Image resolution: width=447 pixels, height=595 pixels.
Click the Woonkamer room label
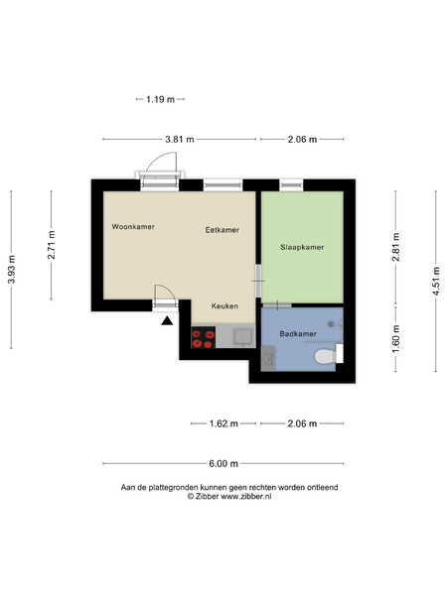click(133, 226)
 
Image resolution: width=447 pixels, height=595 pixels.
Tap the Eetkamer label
click(222, 230)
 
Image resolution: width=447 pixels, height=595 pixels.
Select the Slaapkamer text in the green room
click(302, 247)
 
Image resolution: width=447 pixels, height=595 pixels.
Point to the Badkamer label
click(298, 334)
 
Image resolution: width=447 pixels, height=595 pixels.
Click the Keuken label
click(224, 305)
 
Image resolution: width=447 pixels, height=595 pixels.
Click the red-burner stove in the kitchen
click(204, 337)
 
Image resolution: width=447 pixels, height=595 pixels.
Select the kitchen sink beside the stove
click(242, 337)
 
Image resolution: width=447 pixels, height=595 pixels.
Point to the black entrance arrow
click(167, 321)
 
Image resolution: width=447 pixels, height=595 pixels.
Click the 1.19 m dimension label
click(160, 99)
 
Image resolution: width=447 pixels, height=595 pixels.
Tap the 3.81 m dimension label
click(180, 139)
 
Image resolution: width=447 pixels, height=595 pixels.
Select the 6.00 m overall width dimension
click(223, 463)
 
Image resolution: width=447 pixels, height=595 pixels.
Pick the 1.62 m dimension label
click(223, 423)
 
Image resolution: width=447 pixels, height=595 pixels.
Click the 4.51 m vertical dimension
click(436, 281)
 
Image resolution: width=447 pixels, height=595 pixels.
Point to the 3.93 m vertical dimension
click(11, 270)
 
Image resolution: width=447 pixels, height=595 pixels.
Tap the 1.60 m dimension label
click(395, 339)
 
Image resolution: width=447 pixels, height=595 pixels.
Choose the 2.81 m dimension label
click(395, 247)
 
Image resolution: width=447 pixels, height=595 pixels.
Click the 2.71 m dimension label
click(52, 245)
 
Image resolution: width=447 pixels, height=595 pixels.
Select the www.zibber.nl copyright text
click(229, 497)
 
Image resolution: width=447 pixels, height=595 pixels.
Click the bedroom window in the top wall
click(291, 184)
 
